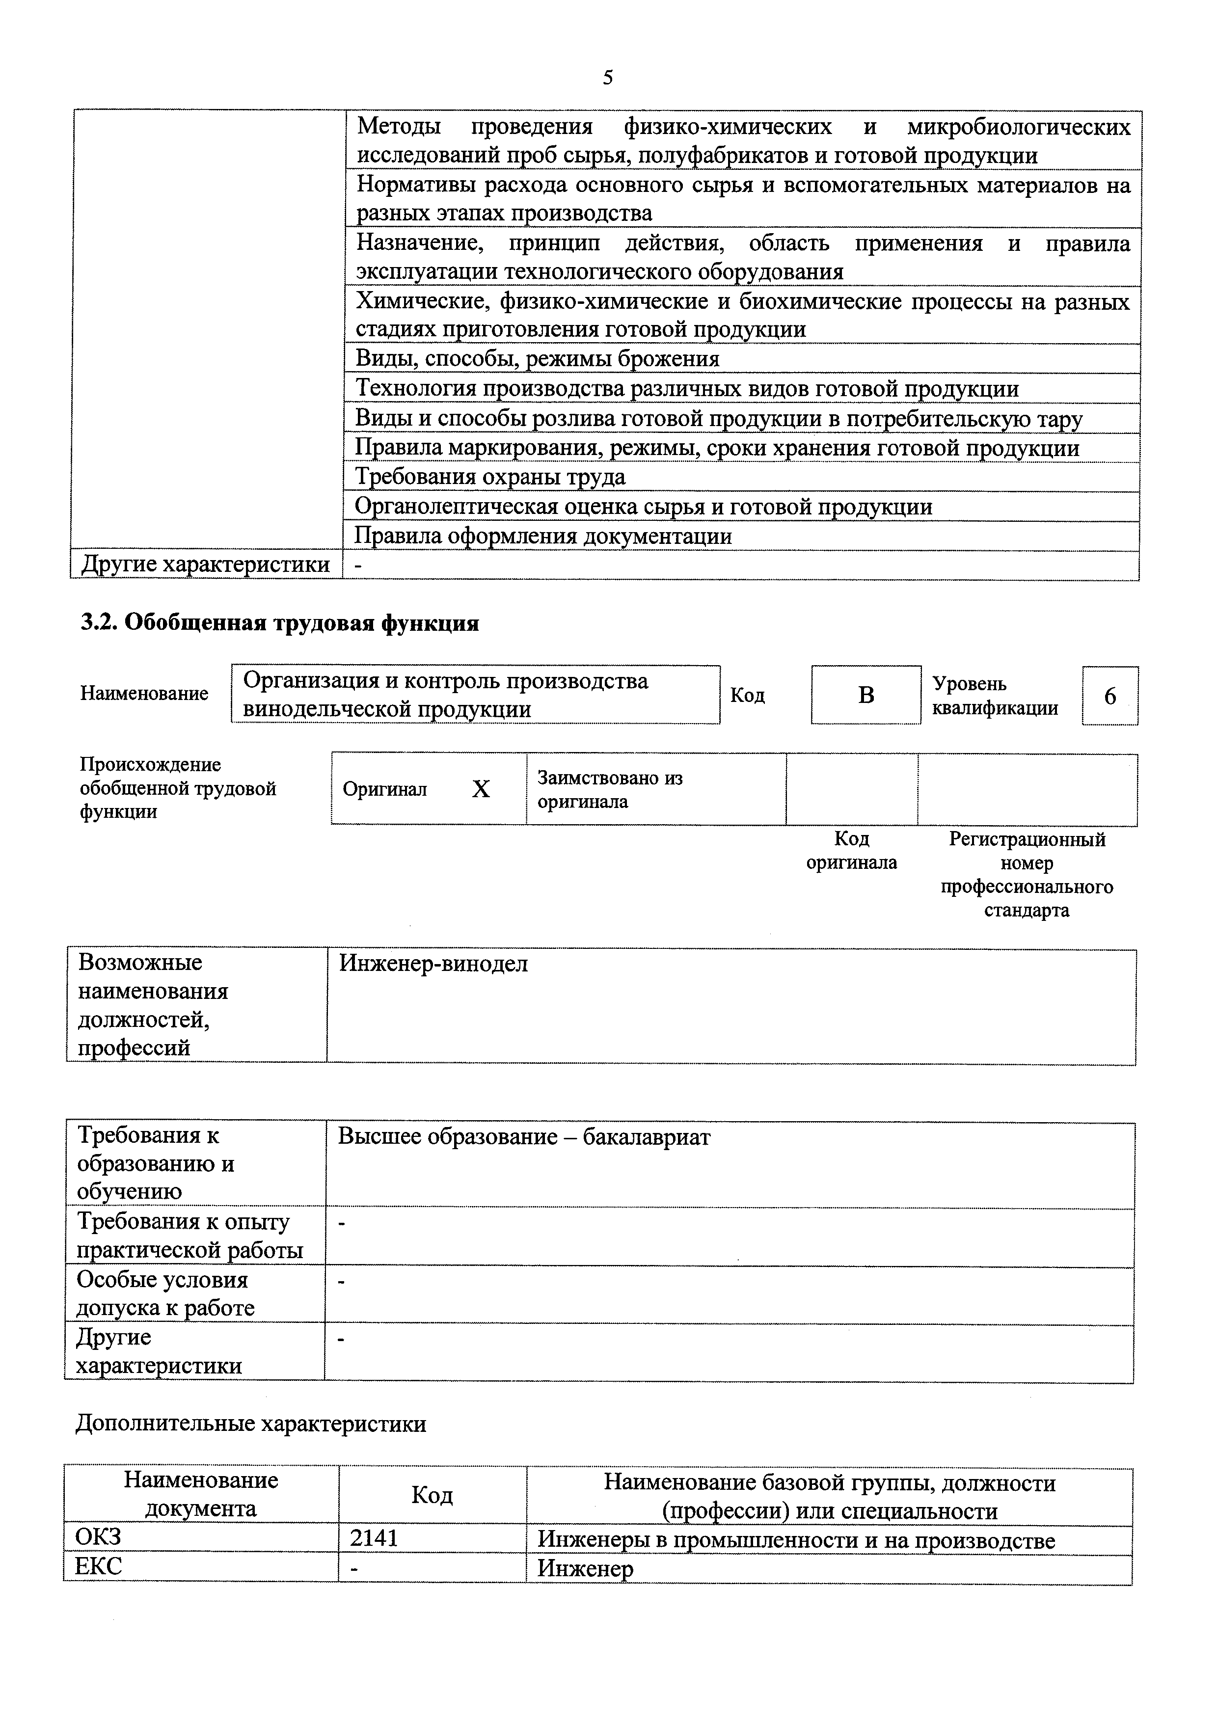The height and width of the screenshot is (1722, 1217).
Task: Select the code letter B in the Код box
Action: [865, 695]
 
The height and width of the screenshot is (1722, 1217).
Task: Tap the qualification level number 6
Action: [1110, 697]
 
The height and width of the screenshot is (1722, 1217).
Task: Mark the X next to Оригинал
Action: [481, 789]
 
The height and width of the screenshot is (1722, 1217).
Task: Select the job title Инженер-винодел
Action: [433, 963]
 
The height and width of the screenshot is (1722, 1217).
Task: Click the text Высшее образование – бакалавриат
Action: [523, 1136]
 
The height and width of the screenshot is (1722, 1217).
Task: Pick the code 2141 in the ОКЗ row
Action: [374, 1538]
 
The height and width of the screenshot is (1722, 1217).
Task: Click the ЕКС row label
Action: [98, 1567]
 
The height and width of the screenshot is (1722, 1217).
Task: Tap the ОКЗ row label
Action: [98, 1537]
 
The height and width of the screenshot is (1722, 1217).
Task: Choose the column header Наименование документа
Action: [201, 1494]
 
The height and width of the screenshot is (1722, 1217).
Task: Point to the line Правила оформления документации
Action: [543, 536]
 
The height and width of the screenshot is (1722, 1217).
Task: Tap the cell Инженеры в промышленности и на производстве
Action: [796, 1540]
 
